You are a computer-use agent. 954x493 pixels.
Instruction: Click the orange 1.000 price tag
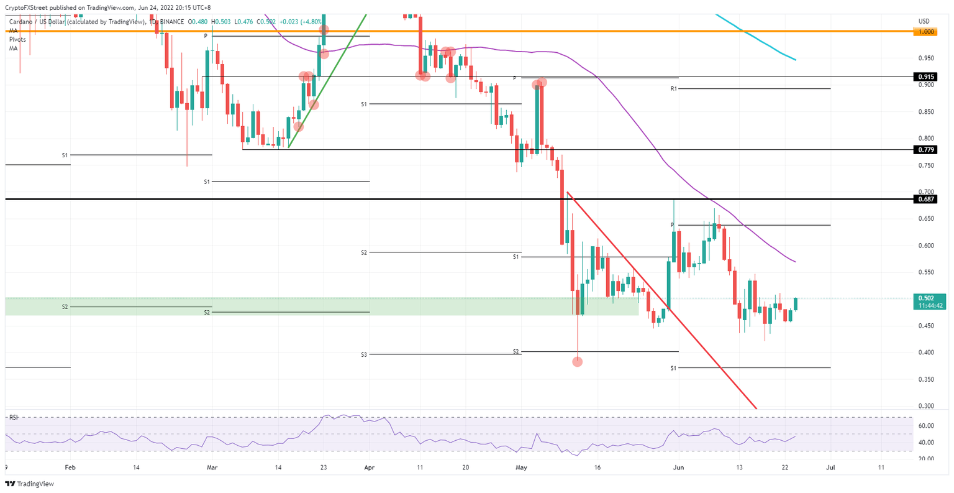[x=926, y=32]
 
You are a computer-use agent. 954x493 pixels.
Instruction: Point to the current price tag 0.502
[x=925, y=298]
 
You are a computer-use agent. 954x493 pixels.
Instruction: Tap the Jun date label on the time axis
[x=679, y=467]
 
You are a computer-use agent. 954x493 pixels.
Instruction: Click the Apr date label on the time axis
[x=370, y=467]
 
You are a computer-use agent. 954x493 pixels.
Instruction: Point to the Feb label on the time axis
[x=70, y=467]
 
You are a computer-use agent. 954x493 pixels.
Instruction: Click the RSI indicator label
[x=13, y=417]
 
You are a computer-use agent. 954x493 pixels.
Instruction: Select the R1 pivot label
[x=673, y=89]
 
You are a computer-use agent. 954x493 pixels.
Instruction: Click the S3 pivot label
[x=363, y=354]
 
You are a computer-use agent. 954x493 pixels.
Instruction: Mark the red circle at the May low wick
[x=577, y=361]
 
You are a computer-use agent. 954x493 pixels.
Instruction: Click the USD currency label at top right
[x=924, y=21]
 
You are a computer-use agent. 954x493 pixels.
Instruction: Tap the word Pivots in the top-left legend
[x=17, y=39]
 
